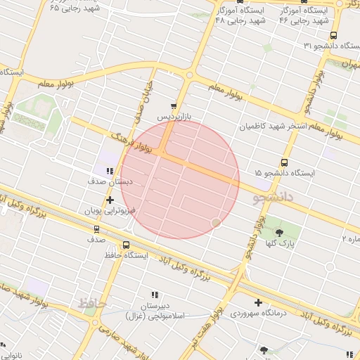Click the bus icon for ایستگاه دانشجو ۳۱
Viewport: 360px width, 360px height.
(x=333, y=35)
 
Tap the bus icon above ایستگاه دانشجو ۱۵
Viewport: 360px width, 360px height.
(x=284, y=162)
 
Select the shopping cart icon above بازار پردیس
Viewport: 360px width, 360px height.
(x=174, y=106)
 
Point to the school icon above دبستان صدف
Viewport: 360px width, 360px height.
(x=110, y=171)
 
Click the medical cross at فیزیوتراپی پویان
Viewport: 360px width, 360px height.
(x=110, y=200)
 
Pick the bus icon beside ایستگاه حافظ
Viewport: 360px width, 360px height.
(x=126, y=245)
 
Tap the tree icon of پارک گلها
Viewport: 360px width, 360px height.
(x=279, y=233)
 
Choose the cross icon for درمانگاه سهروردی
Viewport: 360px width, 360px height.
(x=258, y=302)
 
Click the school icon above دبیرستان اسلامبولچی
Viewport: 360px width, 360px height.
(x=155, y=295)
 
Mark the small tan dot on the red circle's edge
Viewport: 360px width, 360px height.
(x=216, y=223)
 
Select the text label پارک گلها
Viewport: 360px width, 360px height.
(x=279, y=243)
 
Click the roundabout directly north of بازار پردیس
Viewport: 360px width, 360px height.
(x=188, y=74)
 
